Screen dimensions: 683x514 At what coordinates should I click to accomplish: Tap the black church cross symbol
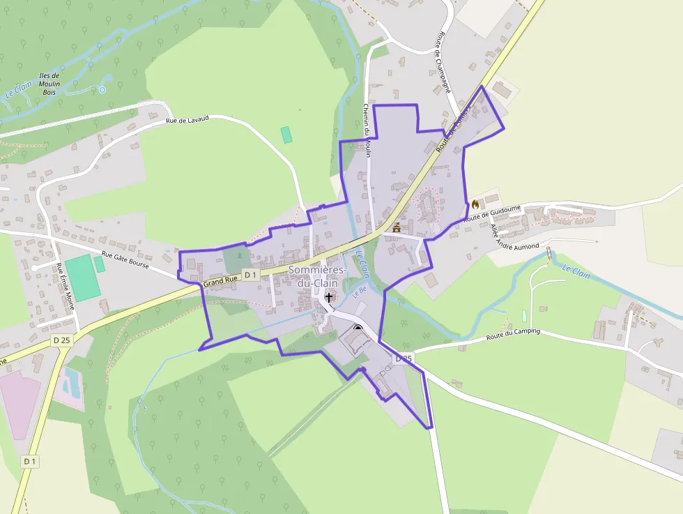329,297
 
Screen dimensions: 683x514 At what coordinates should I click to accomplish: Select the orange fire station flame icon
475,204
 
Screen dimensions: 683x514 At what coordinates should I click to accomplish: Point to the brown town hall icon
397,227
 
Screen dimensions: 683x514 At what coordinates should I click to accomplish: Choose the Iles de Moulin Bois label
49,84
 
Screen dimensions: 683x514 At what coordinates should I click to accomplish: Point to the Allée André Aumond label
515,238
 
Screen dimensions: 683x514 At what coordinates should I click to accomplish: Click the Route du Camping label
513,335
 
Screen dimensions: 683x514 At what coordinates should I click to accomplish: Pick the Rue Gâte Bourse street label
125,262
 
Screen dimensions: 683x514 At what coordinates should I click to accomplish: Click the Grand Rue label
220,280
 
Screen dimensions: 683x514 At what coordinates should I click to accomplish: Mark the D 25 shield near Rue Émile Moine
62,340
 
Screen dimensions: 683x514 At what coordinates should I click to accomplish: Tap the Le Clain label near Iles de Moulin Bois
19,90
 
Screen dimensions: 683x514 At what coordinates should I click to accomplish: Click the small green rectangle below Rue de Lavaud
286,135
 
